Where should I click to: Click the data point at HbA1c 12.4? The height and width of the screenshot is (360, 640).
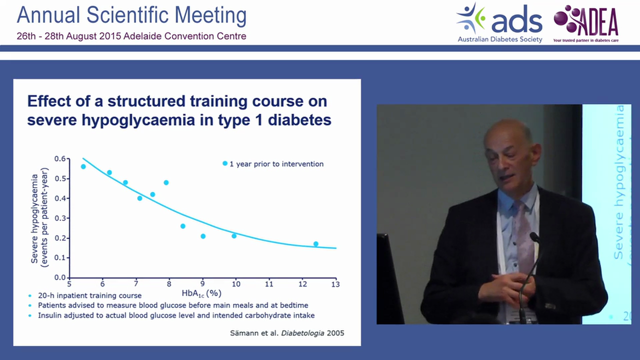(x=315, y=244)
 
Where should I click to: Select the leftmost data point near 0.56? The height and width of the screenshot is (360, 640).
(x=83, y=166)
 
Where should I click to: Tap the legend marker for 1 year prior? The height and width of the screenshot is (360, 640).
(x=225, y=163)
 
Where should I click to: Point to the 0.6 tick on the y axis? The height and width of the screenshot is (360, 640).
(x=60, y=159)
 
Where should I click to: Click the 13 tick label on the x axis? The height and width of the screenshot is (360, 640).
(x=335, y=284)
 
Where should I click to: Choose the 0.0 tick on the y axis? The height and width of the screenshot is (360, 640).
(x=60, y=277)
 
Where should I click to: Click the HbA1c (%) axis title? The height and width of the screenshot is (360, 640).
(x=202, y=292)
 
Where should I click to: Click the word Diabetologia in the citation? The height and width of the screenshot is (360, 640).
(x=301, y=332)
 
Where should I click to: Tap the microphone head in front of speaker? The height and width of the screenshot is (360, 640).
(x=534, y=237)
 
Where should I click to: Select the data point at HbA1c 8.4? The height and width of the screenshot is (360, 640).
(x=183, y=226)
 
